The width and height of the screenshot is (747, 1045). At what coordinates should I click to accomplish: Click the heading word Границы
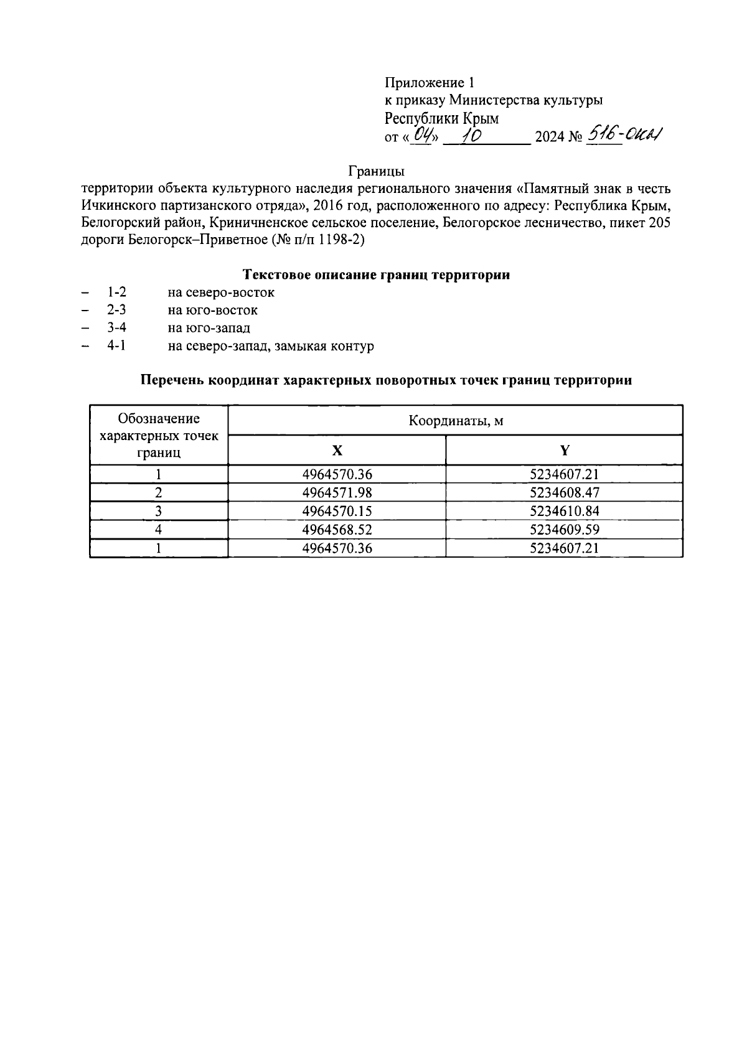pyautogui.click(x=376, y=171)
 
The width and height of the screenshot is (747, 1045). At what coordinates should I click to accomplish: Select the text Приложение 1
pyautogui.click(x=430, y=83)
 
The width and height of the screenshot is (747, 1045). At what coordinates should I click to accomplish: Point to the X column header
pyautogui.click(x=337, y=451)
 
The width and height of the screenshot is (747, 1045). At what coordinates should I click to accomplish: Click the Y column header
pyautogui.click(x=564, y=451)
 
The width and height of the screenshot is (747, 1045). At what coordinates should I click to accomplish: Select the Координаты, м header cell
pyautogui.click(x=455, y=421)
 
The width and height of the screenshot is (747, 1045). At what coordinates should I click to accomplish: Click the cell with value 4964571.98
pyautogui.click(x=337, y=493)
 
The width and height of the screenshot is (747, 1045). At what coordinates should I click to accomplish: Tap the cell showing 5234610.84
pyautogui.click(x=564, y=512)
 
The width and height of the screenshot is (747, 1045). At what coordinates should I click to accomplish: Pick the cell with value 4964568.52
pyautogui.click(x=337, y=530)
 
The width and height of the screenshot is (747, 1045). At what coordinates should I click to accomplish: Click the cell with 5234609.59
pyautogui.click(x=564, y=530)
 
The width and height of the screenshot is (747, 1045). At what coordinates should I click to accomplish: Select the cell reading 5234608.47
pyautogui.click(x=564, y=493)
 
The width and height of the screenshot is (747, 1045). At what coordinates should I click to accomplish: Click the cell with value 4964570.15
pyautogui.click(x=337, y=512)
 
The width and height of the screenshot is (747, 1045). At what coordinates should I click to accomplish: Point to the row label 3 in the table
pyautogui.click(x=159, y=512)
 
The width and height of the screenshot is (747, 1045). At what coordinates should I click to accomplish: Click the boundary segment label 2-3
pyautogui.click(x=116, y=310)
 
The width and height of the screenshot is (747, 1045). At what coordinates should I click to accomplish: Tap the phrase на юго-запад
pyautogui.click(x=209, y=328)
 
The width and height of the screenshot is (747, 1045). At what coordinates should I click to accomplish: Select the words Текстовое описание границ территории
pyautogui.click(x=375, y=275)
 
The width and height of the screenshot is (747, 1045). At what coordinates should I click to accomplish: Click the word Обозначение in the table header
pyautogui.click(x=159, y=419)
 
